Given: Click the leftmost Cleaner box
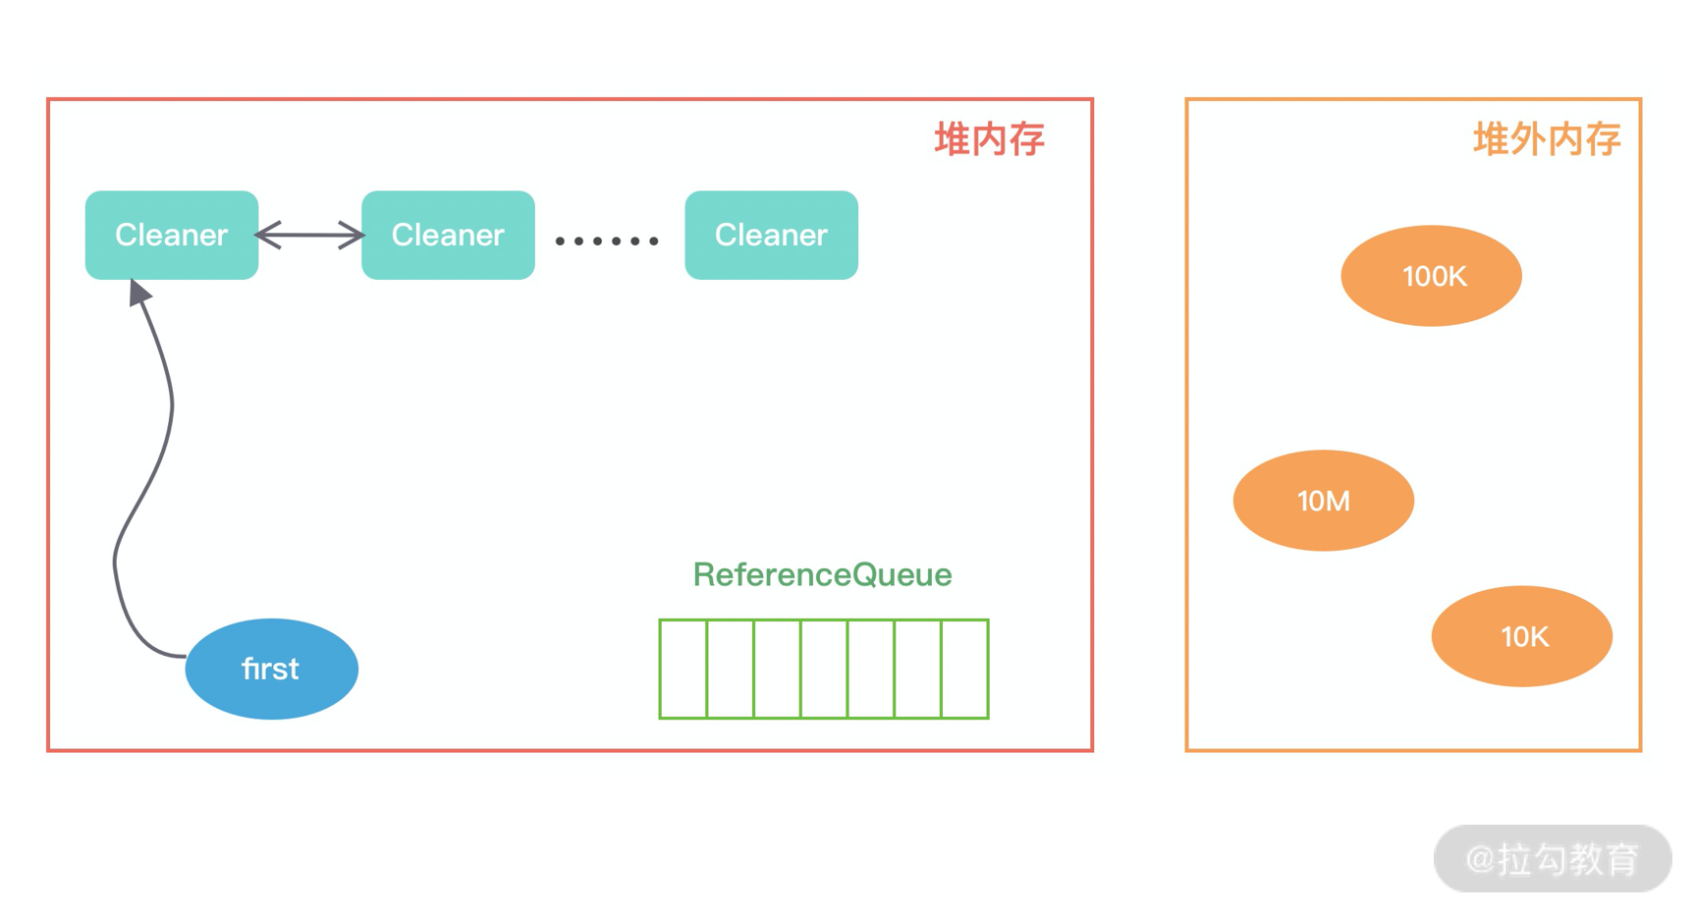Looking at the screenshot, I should [x=172, y=236].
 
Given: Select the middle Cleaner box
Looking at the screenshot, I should [x=448, y=236].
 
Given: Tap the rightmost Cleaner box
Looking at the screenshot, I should [x=771, y=236].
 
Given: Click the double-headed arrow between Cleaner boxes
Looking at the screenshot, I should [x=309, y=236].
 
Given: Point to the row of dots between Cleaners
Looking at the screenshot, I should [x=607, y=241].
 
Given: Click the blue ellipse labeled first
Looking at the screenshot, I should [x=271, y=669].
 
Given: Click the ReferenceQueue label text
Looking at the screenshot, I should [x=822, y=574].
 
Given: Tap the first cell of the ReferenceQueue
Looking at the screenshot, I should [x=683, y=669].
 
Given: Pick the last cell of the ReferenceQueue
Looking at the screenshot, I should [x=964, y=669].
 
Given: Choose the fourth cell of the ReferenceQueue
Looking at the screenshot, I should [x=824, y=669].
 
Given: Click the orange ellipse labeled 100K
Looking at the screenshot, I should [x=1431, y=276].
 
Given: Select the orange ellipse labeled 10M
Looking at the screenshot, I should [x=1323, y=501].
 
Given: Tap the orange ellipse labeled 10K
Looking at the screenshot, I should [x=1521, y=636].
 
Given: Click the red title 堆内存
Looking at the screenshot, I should [x=988, y=139].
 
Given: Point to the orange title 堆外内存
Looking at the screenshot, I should [x=1546, y=139].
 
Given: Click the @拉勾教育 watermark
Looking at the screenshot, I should [x=1552, y=859].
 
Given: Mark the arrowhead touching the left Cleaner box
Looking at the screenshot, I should [x=139, y=292].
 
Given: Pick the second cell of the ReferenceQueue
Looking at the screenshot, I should [x=731, y=669].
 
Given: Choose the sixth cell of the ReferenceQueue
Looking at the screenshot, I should [x=918, y=669].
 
